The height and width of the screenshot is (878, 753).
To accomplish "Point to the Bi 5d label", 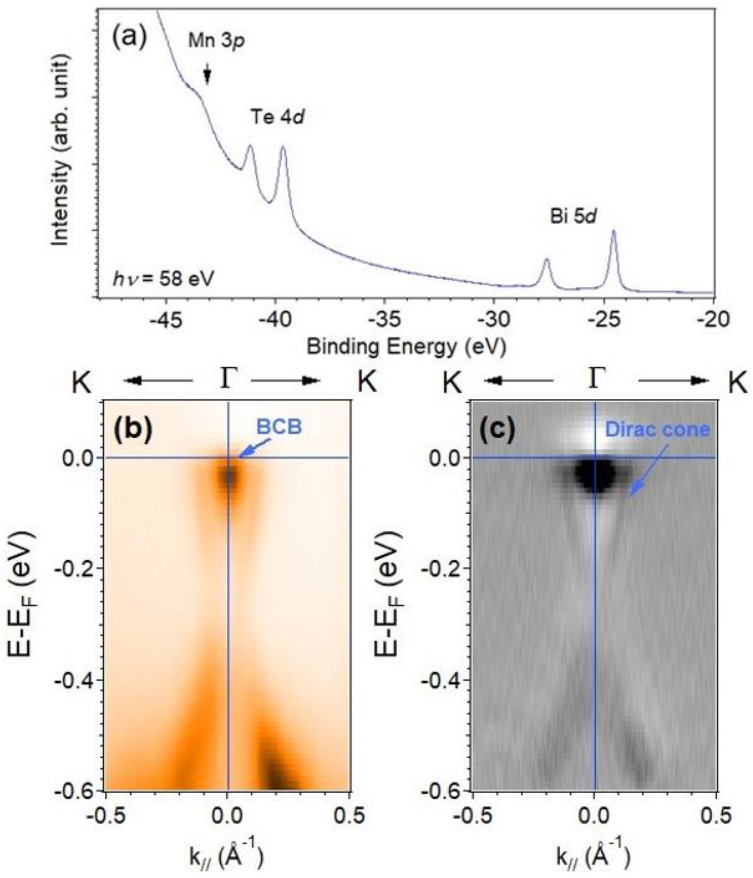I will (x=573, y=217).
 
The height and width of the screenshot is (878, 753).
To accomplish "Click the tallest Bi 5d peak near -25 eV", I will (x=613, y=232).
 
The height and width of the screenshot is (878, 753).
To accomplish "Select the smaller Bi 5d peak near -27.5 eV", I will (x=546, y=260).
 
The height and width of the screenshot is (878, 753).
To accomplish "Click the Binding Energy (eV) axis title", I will (x=406, y=347).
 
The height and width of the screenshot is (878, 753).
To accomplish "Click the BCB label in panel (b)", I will (x=280, y=427).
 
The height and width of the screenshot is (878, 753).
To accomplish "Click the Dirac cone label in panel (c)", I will (x=657, y=429).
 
